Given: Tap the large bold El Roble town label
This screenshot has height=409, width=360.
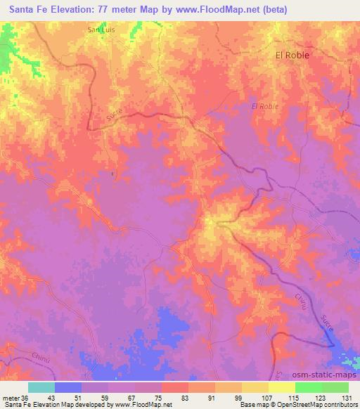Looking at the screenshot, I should pyautogui.click(x=292, y=55).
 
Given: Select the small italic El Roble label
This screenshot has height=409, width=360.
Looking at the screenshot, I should pyautogui.click(x=264, y=106).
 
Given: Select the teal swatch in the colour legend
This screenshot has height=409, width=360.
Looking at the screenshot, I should pyautogui.click(x=41, y=387).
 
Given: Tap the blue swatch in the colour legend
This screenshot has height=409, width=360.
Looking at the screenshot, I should pyautogui.click(x=68, y=387).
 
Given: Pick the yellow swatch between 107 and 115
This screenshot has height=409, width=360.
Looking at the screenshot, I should pyautogui.click(x=282, y=387).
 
